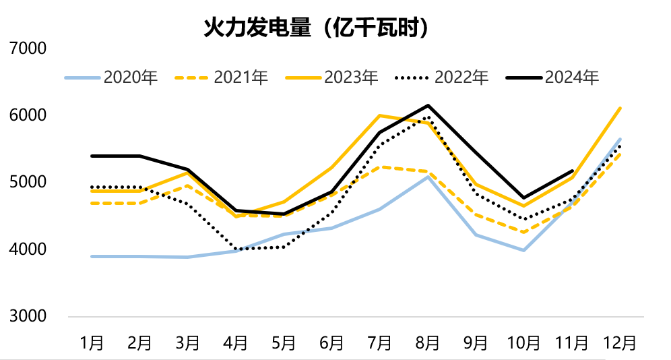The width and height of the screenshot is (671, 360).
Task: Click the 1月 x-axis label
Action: (x=92, y=342)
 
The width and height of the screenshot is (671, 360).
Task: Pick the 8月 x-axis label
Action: (x=428, y=342)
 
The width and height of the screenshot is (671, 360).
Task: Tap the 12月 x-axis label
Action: (x=620, y=342)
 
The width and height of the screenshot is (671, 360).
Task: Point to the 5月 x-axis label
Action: (x=284, y=342)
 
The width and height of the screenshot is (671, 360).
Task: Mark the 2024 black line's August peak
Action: (x=428, y=106)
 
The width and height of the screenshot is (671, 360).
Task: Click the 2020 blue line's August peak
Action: (x=428, y=177)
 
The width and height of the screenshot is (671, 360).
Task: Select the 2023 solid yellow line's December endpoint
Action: (x=620, y=108)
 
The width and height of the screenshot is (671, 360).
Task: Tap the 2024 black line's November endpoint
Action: (x=572, y=171)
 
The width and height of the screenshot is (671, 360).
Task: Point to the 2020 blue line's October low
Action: (x=524, y=250)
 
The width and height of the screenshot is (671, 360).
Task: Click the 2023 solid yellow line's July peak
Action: (x=380, y=115)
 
